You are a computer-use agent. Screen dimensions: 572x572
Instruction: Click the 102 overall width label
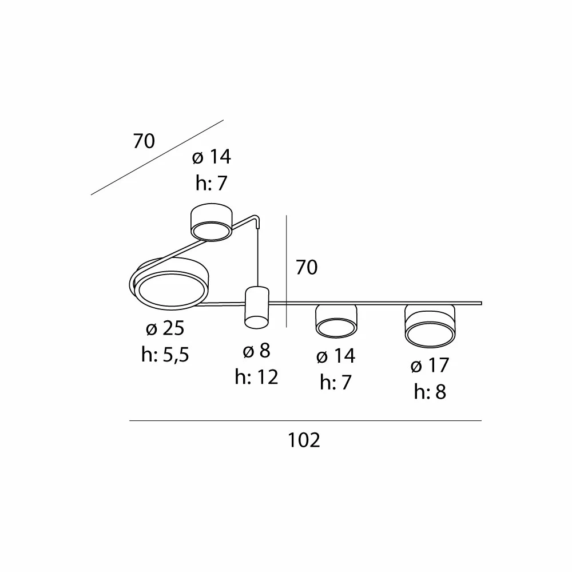coord(304,440)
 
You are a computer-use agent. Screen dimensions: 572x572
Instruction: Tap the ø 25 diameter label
coord(165,328)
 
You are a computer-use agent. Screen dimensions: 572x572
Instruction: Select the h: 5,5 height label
coord(165,354)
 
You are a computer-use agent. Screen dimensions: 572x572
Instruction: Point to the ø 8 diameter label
coord(256,351)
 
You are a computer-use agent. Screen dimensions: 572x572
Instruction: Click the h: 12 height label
coord(256,377)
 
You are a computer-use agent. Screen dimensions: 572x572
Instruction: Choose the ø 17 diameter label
coord(430,365)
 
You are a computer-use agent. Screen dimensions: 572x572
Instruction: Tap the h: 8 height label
coord(430,392)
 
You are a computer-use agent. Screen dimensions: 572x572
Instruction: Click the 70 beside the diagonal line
coord(144,141)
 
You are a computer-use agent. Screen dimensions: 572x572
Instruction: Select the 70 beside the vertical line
coord(307,267)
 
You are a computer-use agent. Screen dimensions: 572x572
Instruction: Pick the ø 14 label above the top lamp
coord(212,157)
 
